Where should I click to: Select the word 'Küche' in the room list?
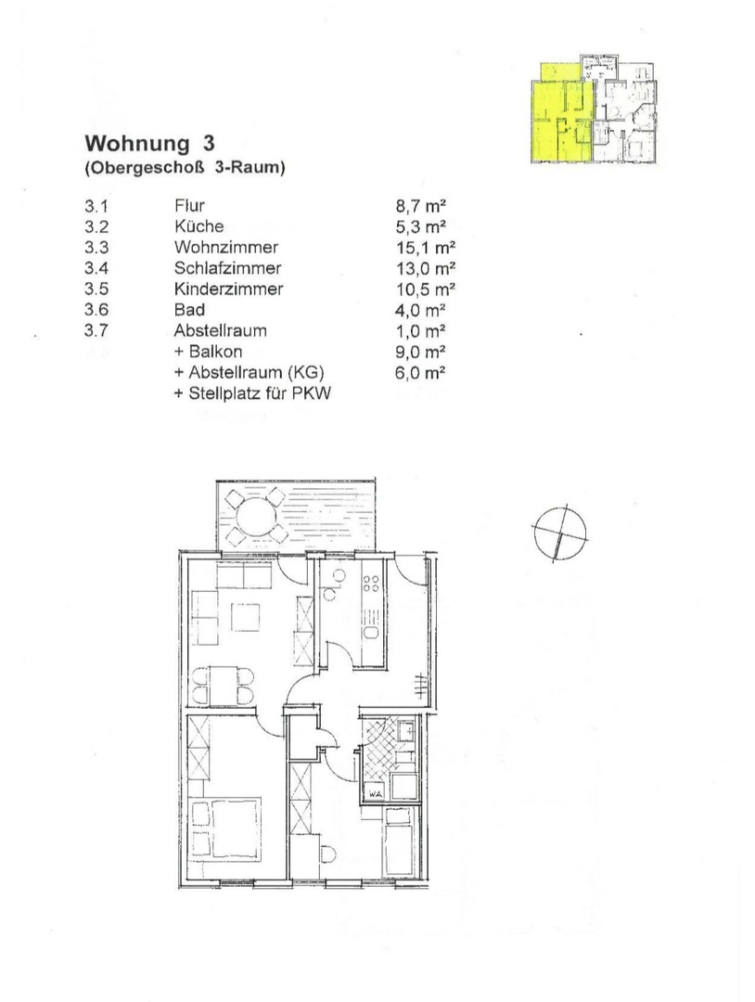pos(198,226)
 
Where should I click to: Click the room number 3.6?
pos(96,310)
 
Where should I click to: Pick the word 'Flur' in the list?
pos(188,206)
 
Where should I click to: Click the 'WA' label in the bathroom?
pos(375,794)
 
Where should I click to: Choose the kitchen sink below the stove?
pos(370,633)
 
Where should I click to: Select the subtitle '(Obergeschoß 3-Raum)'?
pos(184,169)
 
